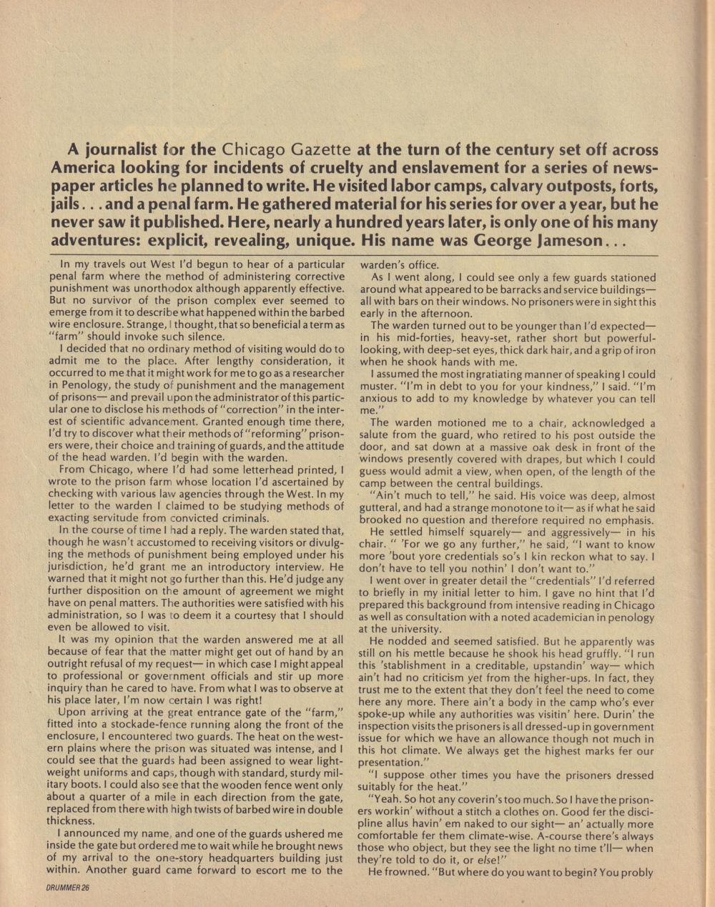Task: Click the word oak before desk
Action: pyautogui.click(x=516, y=447)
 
